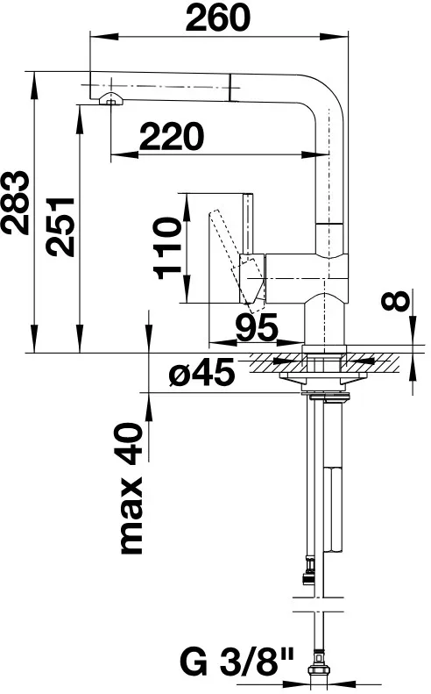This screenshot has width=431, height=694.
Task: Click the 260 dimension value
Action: tap(217, 18)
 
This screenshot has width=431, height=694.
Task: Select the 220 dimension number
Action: tap(172, 136)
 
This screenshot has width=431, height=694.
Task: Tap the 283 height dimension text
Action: tap(15, 203)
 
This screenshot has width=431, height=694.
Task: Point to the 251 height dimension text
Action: tap(60, 226)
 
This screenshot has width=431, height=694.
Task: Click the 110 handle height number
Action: tap(167, 248)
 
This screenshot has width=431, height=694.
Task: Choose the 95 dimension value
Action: tap(257, 327)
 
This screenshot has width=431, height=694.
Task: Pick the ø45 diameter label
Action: tap(201, 372)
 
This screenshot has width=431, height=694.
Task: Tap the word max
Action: tap(131, 516)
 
